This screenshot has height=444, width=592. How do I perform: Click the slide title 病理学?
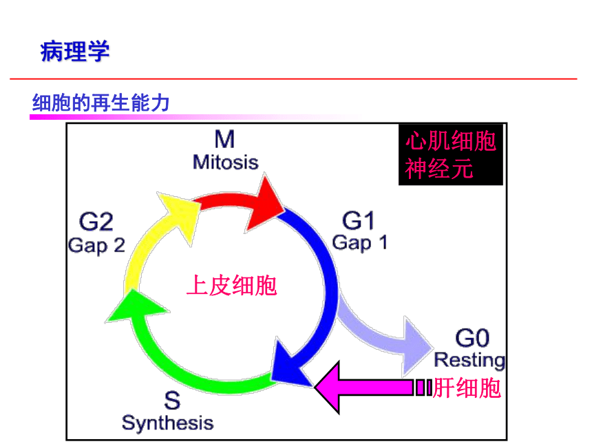(x=75, y=51)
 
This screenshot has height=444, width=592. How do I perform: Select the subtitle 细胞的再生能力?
(x=101, y=103)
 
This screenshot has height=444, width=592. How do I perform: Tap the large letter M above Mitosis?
(x=224, y=139)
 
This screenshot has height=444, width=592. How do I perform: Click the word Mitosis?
(x=225, y=162)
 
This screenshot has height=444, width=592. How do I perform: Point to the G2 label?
(x=96, y=222)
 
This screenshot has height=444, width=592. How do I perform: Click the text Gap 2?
(x=96, y=246)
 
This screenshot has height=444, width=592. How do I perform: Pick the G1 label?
(x=358, y=220)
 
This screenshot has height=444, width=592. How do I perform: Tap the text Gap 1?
(x=359, y=243)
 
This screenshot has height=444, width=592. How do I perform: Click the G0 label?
(x=472, y=338)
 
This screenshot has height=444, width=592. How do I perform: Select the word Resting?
(x=469, y=360)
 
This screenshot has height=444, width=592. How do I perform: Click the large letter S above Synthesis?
(x=172, y=401)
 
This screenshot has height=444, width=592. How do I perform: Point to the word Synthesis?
(x=168, y=423)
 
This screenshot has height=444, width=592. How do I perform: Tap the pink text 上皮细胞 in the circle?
(x=232, y=286)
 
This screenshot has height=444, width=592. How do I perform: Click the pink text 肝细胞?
(x=467, y=388)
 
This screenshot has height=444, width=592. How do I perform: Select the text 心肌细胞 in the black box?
(x=451, y=141)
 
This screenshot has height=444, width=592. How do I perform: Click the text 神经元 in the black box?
(x=439, y=169)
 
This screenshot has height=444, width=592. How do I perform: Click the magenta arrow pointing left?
(x=373, y=388)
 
